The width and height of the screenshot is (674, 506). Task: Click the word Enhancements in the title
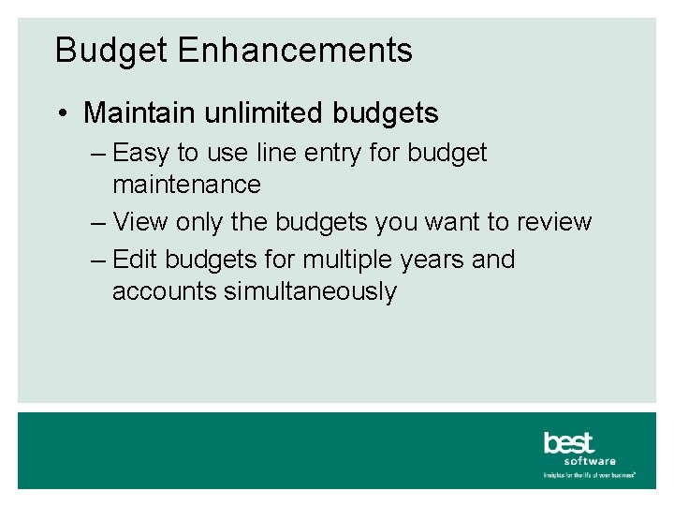point(294,50)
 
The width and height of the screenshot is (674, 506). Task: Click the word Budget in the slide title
point(111,50)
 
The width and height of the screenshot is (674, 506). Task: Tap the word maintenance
point(186,185)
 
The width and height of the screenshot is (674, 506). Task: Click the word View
point(139,222)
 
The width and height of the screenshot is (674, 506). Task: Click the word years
point(431,260)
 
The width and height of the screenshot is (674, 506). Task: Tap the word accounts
point(164,291)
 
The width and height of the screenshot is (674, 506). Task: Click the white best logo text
point(568,441)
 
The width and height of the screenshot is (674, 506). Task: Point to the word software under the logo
point(590,461)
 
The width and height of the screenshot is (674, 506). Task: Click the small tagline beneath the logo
point(590,475)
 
